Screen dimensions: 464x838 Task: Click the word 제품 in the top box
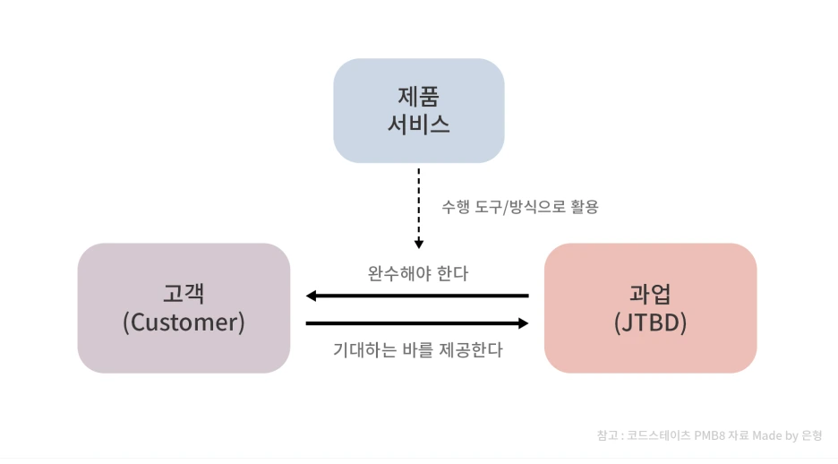418,95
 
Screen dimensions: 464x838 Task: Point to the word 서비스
418,125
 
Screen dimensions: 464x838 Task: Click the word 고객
184,293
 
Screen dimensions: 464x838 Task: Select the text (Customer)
184,322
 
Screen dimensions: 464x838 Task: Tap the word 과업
650,293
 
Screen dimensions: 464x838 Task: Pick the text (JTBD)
650,322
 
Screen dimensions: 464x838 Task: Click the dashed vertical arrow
418,202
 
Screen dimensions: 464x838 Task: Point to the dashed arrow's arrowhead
418,243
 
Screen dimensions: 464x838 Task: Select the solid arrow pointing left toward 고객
416,296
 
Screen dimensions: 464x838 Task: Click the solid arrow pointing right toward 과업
416,323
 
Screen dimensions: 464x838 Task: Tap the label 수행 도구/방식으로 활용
519,207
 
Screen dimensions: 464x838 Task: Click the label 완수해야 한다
417,273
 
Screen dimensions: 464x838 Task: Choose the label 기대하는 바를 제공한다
417,349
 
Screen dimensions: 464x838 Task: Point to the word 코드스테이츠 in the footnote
652,435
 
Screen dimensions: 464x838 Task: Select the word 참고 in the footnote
606,435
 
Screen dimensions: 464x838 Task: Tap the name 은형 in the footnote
812,435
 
